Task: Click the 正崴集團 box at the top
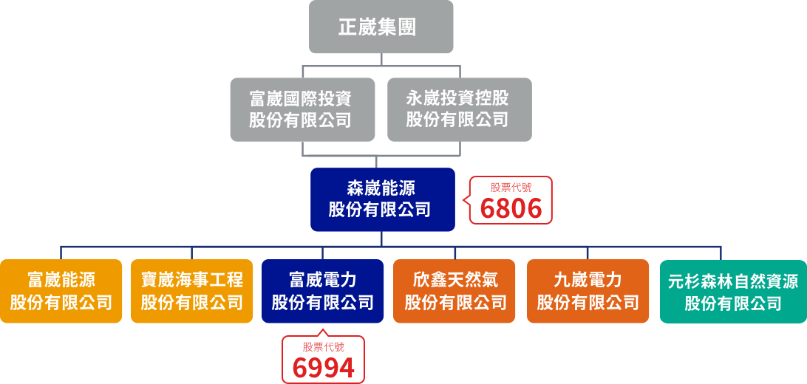pos(381,27)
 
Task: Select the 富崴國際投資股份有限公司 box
pos(302,109)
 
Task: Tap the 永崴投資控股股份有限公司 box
pos(459,109)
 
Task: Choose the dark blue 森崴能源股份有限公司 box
pos(381,199)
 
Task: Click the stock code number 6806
pos(511,209)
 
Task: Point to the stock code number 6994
pos(323,367)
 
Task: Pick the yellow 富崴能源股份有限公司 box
pos(61,291)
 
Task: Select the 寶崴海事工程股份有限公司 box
pos(192,291)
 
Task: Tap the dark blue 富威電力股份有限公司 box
pos(323,291)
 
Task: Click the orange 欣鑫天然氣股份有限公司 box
pos(454,291)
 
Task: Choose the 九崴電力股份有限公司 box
pos(588,291)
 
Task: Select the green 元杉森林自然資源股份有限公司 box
pos(732,292)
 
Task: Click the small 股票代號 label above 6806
pos(511,188)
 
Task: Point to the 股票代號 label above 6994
pos(323,346)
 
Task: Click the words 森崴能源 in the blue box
pos(381,188)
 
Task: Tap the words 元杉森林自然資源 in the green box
pos(732,281)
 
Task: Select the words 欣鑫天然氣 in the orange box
pos(454,281)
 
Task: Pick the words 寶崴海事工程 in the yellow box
pos(192,281)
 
